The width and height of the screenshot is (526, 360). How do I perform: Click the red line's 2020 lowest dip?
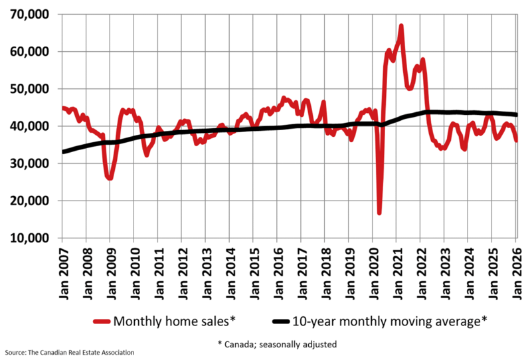point(379,213)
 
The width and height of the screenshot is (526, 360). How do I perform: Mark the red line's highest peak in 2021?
point(401,26)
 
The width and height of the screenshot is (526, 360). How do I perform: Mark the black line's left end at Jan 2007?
point(63,151)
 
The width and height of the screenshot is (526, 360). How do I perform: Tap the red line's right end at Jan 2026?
point(516,140)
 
